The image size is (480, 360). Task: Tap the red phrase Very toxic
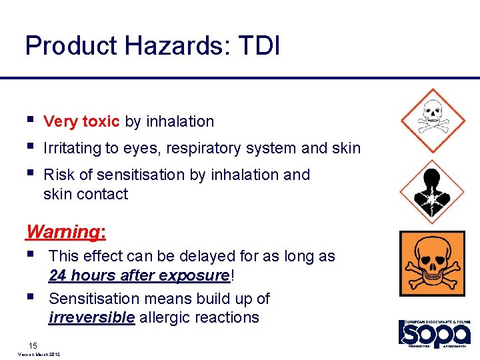tap(81, 121)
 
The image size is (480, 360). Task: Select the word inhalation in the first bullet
tap(180, 121)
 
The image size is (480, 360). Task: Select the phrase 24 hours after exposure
tap(139, 275)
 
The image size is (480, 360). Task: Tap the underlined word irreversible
tap(91, 317)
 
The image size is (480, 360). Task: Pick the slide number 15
tap(33, 345)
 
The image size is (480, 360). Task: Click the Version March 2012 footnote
tap(36, 355)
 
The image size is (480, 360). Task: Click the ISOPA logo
tap(435, 333)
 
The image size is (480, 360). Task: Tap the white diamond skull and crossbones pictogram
tap(432, 121)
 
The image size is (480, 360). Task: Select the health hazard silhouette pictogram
tap(432, 192)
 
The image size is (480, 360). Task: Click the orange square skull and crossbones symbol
tap(432, 264)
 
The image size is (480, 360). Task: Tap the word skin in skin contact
tap(57, 195)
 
